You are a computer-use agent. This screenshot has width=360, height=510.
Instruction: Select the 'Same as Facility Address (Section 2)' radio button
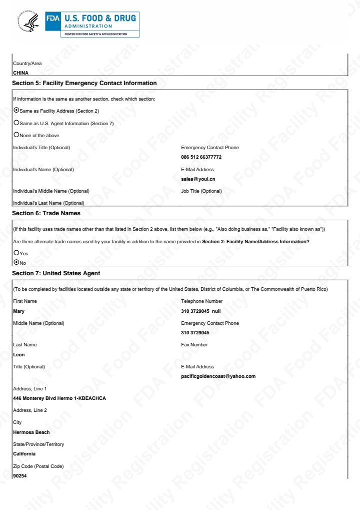click(16, 110)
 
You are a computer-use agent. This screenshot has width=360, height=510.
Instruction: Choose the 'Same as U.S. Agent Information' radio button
click(16, 123)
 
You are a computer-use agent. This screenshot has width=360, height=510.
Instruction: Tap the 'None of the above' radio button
click(16, 135)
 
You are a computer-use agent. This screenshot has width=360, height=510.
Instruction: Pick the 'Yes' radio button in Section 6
click(16, 253)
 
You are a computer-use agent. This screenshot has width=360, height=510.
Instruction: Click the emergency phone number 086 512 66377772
click(201, 157)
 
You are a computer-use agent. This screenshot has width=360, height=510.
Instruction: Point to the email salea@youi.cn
click(198, 179)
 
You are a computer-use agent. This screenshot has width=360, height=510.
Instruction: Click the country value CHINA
click(20, 73)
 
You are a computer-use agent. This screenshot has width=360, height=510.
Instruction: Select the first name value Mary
click(18, 311)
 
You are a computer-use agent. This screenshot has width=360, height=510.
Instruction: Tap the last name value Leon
click(18, 355)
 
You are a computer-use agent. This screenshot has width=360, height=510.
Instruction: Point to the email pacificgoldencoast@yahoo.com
click(218, 376)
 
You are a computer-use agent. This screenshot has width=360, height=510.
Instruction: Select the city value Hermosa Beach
click(31, 432)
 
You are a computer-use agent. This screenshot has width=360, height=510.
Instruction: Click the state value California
click(24, 454)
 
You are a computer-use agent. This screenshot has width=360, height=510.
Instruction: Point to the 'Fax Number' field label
click(194, 344)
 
